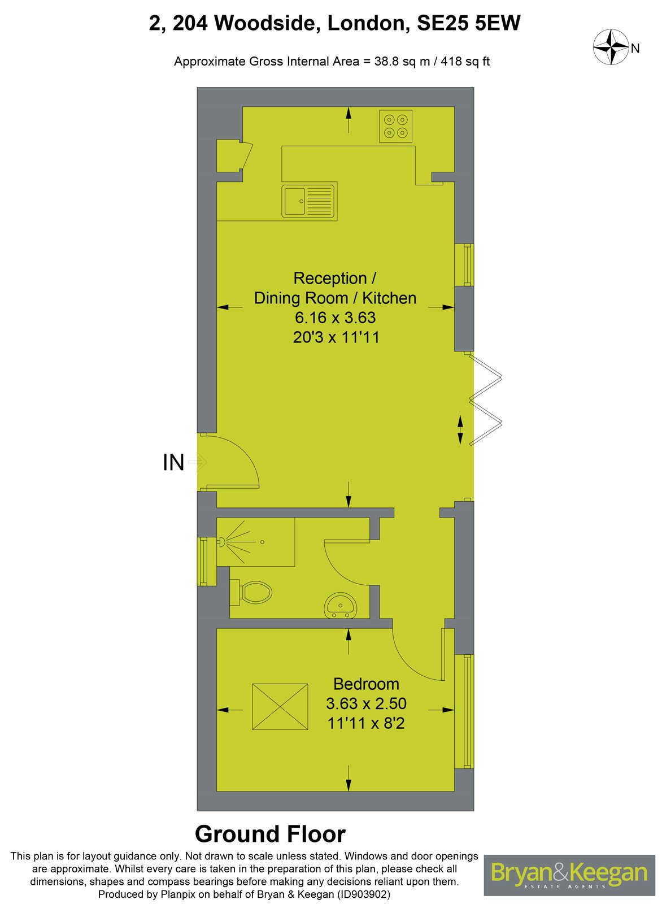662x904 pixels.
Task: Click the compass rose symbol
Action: [x=611, y=47]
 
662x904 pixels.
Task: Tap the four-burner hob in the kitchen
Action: [x=395, y=127]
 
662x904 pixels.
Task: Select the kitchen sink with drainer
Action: [x=310, y=201]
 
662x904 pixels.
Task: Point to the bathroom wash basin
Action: [x=341, y=606]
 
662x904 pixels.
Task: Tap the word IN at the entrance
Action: [x=173, y=463]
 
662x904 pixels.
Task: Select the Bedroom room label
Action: [x=366, y=684]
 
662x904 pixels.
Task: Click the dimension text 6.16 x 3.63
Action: [x=334, y=318]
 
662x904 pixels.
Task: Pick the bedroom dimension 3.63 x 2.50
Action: [x=366, y=703]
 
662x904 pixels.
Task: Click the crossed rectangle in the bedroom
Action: [x=280, y=706]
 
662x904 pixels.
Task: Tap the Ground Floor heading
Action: [x=270, y=835]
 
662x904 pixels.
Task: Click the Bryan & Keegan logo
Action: [x=569, y=874]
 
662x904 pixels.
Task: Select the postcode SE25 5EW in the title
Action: [x=468, y=24]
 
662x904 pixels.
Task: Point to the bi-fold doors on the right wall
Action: [x=486, y=398]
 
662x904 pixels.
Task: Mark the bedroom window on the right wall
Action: [x=467, y=711]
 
